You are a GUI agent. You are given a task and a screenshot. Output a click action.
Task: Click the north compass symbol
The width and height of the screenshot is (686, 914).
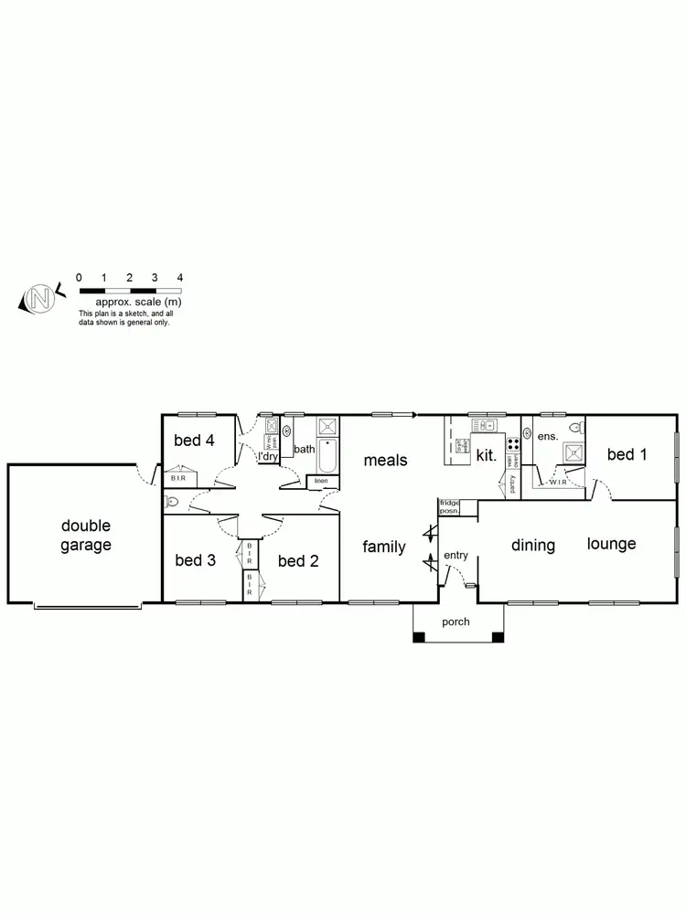click(39, 298)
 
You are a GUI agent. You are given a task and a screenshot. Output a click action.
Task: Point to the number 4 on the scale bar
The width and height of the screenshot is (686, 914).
click(180, 277)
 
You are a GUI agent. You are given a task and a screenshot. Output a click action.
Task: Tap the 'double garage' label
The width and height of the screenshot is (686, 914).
click(86, 536)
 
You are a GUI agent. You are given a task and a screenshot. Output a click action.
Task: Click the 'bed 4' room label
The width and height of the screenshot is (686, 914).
click(194, 441)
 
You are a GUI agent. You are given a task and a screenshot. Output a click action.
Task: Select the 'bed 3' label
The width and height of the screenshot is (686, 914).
click(195, 560)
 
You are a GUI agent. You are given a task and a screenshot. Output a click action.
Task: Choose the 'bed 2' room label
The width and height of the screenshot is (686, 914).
click(297, 560)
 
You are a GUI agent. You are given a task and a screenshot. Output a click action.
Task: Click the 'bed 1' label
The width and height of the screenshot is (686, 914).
click(627, 454)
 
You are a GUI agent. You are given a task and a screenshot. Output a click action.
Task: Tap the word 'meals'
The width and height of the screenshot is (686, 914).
click(385, 460)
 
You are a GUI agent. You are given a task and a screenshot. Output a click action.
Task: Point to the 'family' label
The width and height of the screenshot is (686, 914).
click(384, 547)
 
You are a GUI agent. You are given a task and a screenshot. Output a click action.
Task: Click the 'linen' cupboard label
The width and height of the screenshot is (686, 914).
click(321, 481)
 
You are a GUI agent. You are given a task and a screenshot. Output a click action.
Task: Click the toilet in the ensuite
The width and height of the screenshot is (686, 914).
click(575, 428)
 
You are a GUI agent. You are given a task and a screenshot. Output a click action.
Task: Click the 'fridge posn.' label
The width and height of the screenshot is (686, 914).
click(449, 506)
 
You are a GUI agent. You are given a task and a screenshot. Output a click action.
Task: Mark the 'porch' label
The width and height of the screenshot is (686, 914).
click(456, 622)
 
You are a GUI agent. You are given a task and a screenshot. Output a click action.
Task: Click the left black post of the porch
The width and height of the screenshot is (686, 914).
click(418, 637)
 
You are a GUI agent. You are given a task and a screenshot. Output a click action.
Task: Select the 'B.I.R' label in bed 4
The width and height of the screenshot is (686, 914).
click(179, 478)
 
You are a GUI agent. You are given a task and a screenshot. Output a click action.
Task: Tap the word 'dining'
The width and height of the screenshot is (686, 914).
click(533, 546)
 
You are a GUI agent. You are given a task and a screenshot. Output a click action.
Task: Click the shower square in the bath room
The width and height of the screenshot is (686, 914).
click(327, 426)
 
